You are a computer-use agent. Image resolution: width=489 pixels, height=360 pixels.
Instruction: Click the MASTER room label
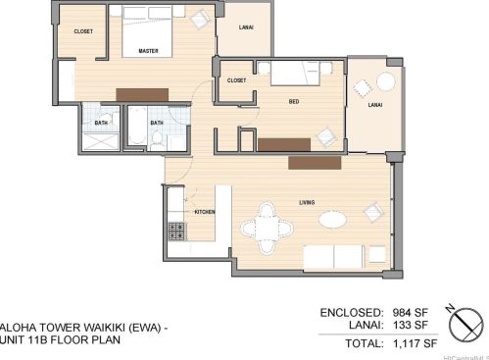(149, 50)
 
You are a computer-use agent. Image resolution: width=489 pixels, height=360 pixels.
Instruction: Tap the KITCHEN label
(205, 212)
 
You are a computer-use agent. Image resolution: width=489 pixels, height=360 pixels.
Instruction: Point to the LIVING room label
(307, 203)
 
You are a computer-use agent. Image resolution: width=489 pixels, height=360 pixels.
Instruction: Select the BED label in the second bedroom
(293, 100)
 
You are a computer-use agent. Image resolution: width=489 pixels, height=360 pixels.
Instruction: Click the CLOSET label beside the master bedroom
(83, 31)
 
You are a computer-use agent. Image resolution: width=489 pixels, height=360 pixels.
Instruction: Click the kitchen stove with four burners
(177, 232)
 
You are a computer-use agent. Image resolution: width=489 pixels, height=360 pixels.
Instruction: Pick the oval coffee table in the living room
(333, 220)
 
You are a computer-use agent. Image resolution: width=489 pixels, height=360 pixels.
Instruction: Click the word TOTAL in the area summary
(361, 344)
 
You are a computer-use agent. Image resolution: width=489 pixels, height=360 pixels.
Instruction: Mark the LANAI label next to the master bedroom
(247, 27)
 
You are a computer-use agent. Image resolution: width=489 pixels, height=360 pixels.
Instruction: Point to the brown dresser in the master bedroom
(143, 93)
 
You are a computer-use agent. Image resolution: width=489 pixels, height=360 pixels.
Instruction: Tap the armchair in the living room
(371, 211)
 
